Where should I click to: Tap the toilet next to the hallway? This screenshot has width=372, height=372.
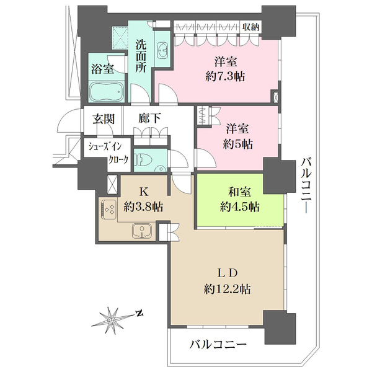point(142,159)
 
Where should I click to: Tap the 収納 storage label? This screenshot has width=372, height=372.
point(251,25)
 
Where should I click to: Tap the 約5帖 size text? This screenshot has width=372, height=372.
point(237,144)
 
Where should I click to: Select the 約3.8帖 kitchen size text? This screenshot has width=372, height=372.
point(143,207)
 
